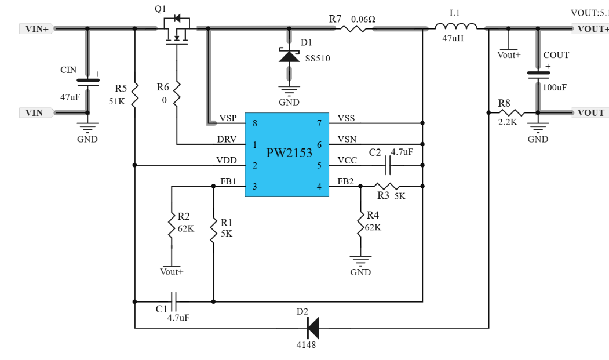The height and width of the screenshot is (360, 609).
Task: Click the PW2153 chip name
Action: tap(289, 153)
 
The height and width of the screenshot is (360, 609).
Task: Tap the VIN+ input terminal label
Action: tap(37, 29)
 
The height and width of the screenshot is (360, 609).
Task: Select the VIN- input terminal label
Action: tap(37, 112)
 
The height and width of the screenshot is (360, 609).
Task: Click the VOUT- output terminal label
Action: tap(590, 112)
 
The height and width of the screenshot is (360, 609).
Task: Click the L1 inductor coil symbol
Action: tap(456, 27)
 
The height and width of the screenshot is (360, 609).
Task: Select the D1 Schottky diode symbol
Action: tap(289, 56)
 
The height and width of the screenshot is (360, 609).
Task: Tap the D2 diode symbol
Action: tap(313, 328)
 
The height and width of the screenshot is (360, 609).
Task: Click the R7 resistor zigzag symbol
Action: tap(353, 28)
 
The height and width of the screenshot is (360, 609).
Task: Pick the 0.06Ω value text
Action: tap(363, 19)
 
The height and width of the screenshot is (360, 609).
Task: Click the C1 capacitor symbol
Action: tap(174, 301)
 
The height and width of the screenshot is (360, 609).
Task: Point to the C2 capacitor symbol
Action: tap(387, 165)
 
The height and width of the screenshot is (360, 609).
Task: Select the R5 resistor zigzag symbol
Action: tap(135, 94)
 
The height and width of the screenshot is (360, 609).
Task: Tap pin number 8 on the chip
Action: tap(255, 123)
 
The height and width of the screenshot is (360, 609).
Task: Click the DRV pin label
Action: tap(227, 139)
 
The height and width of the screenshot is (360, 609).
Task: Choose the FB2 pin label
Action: tap(345, 181)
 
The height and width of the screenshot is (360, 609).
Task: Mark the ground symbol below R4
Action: tap(360, 260)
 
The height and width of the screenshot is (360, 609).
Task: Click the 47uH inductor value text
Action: tap(453, 38)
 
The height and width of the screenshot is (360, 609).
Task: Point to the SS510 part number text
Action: tap(318, 59)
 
